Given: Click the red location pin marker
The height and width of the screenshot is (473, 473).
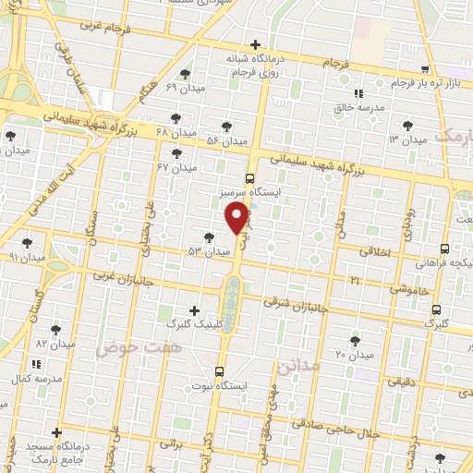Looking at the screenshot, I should [x=237, y=219].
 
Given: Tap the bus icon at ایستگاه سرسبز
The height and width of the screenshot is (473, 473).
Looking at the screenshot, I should [x=249, y=178].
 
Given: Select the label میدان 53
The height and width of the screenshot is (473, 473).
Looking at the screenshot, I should [x=209, y=251].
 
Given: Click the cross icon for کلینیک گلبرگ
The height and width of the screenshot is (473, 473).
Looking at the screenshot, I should [x=193, y=310].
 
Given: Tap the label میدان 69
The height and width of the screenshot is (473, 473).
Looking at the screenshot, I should [x=183, y=87].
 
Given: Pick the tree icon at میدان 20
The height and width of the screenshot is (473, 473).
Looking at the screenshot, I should [x=355, y=341].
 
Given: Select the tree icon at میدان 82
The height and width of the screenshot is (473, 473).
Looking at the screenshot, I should [x=55, y=329].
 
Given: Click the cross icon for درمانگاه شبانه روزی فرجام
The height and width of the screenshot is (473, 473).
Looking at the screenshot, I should [x=255, y=44].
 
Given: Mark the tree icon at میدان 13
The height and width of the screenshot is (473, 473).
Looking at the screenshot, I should [x=407, y=125].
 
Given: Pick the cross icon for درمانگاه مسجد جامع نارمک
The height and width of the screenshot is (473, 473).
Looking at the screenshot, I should [x=57, y=432].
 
